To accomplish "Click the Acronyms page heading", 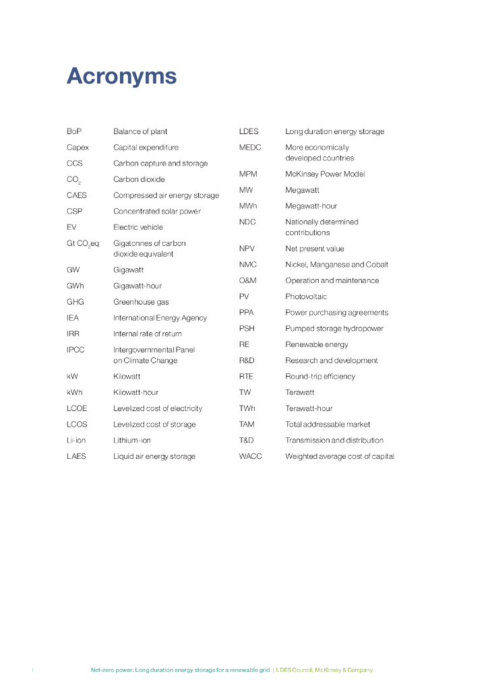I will pos(121,77).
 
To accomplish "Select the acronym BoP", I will pos(74,131).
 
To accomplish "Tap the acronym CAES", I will pos(77,195).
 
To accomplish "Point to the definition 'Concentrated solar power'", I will pos(157,212).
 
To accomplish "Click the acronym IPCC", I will pos(75,350).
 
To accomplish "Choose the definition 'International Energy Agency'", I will pos(160,318).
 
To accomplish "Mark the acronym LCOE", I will pos(77,408).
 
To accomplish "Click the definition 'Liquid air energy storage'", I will pos(154,456).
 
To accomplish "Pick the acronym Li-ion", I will pos(76,440).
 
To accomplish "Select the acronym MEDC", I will pos(250,148).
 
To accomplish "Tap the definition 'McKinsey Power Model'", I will pos(325,174).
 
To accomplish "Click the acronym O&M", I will pos(248,280).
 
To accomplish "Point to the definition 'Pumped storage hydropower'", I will pos(334,329).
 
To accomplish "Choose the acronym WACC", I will pos(251,456).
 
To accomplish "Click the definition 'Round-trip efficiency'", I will pos(320,377).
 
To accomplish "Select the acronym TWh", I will pos(247,408).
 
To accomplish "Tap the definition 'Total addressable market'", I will pos(328,425).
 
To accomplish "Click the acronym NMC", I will pos(248,265).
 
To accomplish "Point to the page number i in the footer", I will pos(32,670).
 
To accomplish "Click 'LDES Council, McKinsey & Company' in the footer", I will pos(325,670).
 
